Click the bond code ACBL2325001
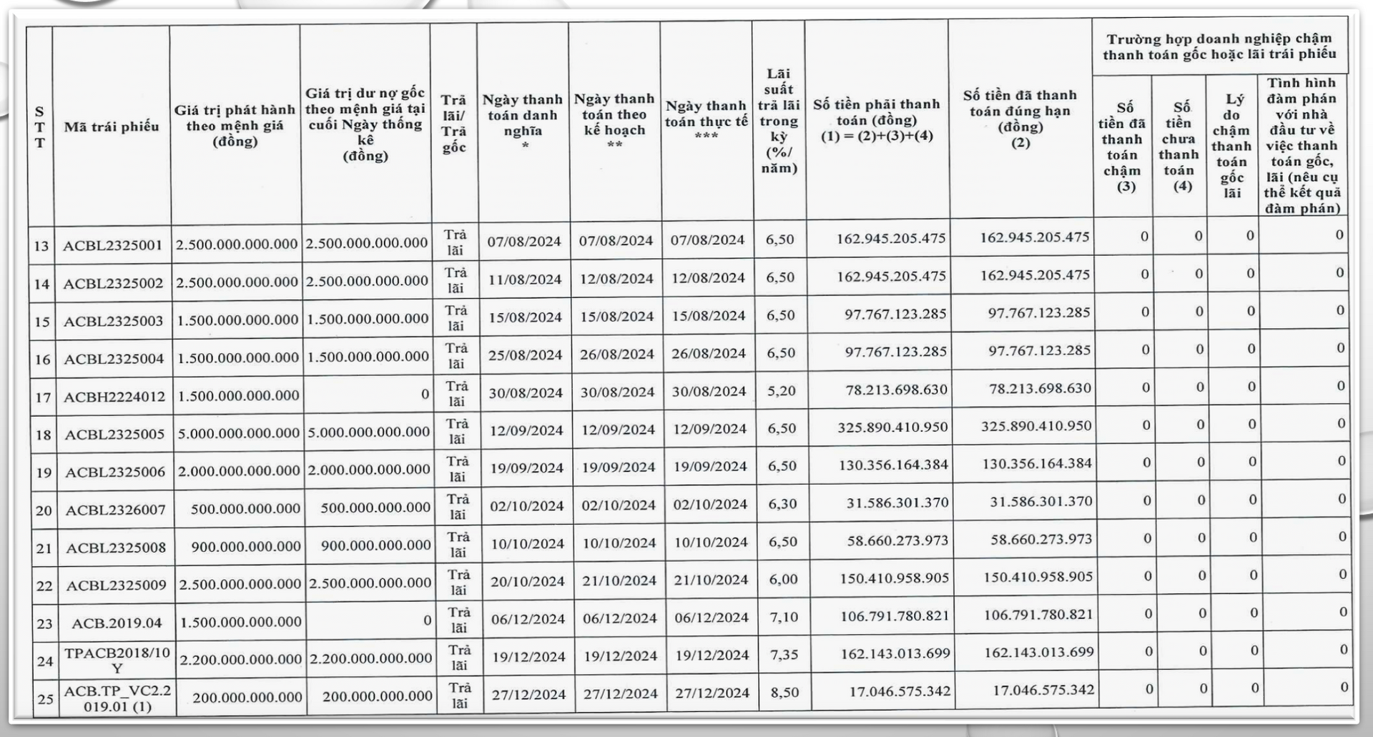[112, 245]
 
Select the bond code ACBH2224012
[114, 397]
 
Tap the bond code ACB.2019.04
[117, 623]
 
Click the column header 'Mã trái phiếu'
[112, 127]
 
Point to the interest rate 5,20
[781, 391]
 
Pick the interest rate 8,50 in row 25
[784, 693]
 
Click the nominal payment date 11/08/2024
[525, 280]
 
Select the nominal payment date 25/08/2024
[526, 355]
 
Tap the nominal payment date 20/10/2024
[528, 582]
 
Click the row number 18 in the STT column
[44, 435]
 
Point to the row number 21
[44, 548]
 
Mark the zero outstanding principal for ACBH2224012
[425, 395]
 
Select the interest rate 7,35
[784, 655]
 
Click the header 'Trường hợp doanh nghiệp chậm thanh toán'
[1219, 46]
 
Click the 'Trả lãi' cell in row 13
[455, 242]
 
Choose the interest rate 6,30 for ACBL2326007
[782, 504]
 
